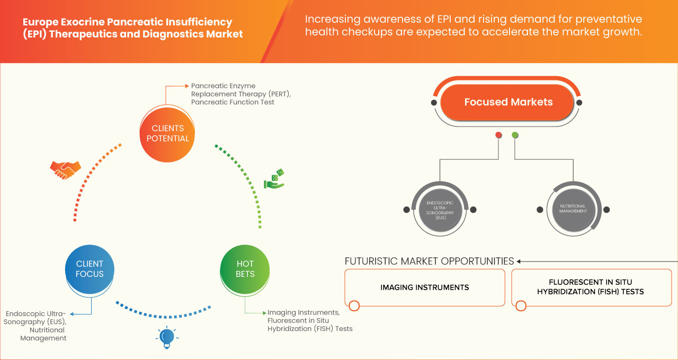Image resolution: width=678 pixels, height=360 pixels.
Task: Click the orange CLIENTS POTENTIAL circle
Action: pyautogui.click(x=167, y=133)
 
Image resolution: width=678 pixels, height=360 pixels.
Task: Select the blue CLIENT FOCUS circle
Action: pyautogui.click(x=90, y=269)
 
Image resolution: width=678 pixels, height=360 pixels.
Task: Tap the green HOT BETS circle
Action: pyautogui.click(x=245, y=269)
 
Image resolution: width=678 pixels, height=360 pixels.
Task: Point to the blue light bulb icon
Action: pyautogui.click(x=167, y=337)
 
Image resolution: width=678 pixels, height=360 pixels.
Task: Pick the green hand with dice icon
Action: pyautogui.click(x=274, y=179)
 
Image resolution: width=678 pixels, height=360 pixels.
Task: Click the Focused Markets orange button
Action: pyautogui.click(x=508, y=102)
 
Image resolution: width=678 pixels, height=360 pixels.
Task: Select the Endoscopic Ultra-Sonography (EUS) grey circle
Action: pyautogui.click(x=440, y=210)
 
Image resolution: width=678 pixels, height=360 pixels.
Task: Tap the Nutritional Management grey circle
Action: pyautogui.click(x=573, y=210)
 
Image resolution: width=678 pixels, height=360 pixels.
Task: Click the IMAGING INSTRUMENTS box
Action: pyautogui.click(x=424, y=287)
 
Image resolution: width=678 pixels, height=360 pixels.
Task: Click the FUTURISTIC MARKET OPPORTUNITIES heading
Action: pyautogui.click(x=429, y=261)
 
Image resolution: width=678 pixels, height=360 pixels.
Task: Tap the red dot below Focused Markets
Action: pyautogui.click(x=498, y=136)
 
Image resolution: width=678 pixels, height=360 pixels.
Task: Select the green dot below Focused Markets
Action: pyautogui.click(x=515, y=136)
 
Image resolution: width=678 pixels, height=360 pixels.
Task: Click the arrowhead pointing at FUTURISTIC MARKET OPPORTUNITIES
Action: pyautogui.click(x=519, y=261)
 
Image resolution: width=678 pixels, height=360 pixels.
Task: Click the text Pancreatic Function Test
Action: pyautogui.click(x=233, y=102)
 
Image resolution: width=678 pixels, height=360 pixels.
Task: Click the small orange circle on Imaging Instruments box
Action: pyautogui.click(x=354, y=305)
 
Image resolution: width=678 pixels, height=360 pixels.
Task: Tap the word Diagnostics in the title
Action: pyautogui.click(x=162, y=34)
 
